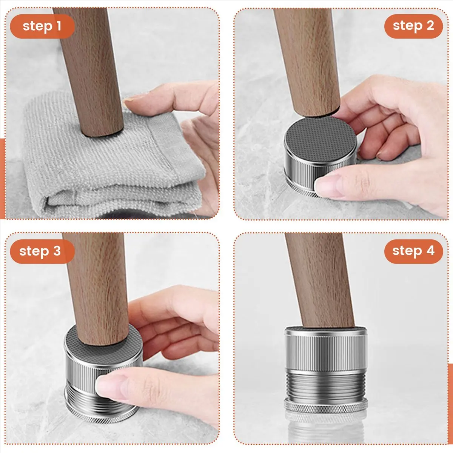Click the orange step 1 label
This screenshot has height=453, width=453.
coord(42,26)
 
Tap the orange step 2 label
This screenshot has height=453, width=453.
coord(413,26)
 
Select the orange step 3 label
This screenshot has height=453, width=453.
coord(42,251)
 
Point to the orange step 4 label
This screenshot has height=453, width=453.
coord(413,251)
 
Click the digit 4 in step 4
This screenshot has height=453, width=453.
coord(430,251)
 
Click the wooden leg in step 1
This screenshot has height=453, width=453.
coord(89,71)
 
